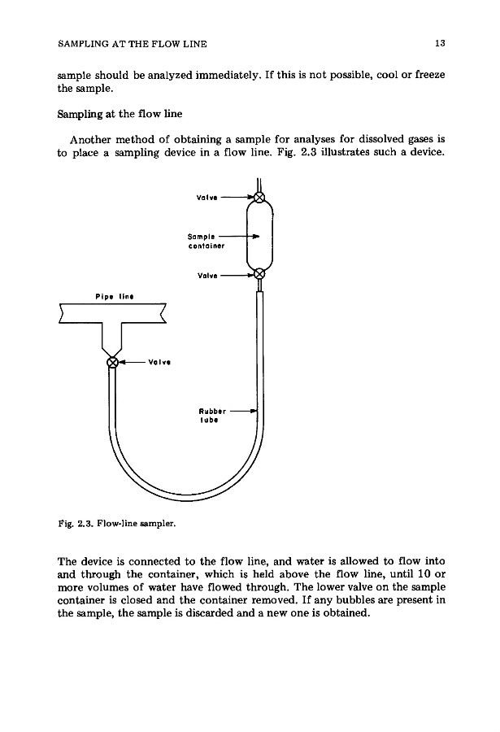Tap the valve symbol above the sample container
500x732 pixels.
[259, 198]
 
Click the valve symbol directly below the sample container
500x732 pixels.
[259, 275]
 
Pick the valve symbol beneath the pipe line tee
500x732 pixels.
[114, 362]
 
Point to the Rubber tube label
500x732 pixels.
[209, 416]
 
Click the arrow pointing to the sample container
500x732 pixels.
[241, 234]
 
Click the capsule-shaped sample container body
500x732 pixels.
[259, 236]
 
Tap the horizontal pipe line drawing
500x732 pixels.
[114, 311]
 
